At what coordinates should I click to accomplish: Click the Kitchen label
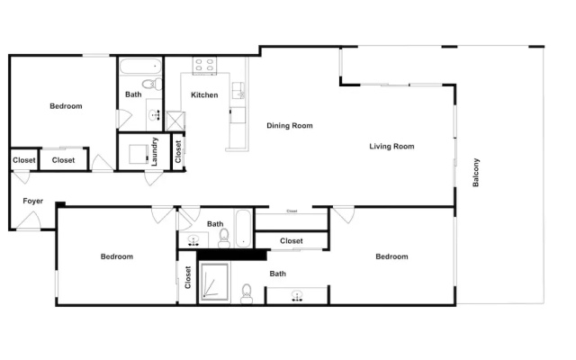click(x=204, y=95)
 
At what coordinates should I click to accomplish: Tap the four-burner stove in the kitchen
click(x=204, y=66)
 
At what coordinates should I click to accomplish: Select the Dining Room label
click(x=290, y=126)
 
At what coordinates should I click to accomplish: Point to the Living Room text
click(x=391, y=146)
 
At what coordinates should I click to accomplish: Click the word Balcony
click(x=476, y=173)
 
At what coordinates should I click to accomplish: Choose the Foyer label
click(x=33, y=201)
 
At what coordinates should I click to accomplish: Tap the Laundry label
click(x=154, y=151)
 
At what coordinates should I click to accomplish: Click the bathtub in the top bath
click(x=140, y=67)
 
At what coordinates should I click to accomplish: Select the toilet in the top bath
click(x=152, y=84)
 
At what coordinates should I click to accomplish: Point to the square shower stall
click(x=214, y=282)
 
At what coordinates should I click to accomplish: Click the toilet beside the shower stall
click(x=247, y=294)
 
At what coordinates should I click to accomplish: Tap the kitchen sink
click(x=238, y=90)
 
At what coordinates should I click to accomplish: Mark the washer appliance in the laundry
click(x=139, y=154)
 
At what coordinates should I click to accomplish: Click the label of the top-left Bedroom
click(x=66, y=106)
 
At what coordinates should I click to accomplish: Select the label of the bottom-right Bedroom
click(x=391, y=256)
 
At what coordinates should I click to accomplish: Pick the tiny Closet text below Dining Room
click(x=292, y=211)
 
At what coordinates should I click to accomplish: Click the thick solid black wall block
click(x=232, y=255)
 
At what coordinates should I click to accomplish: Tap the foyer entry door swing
click(x=29, y=220)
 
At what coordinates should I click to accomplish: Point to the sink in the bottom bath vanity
click(x=297, y=296)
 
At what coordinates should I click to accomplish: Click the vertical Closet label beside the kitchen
click(x=178, y=152)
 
